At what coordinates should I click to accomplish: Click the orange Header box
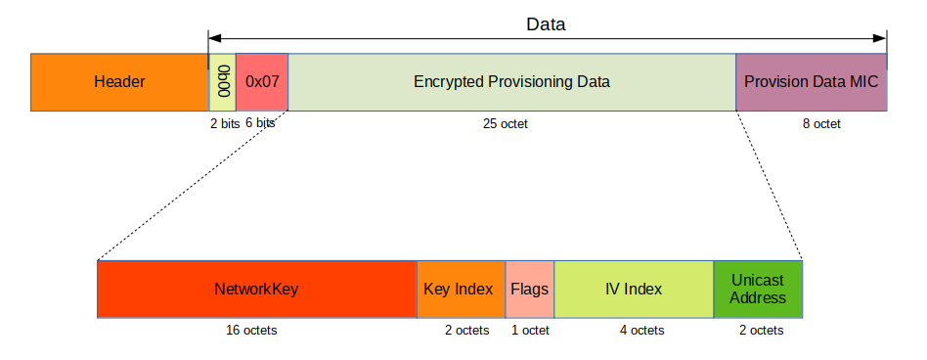[x=119, y=82]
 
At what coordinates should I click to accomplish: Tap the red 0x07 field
[x=262, y=82]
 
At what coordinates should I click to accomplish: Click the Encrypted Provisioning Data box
[x=511, y=82]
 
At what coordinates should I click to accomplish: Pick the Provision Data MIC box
[x=811, y=82]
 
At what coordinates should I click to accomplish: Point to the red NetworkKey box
[x=256, y=290]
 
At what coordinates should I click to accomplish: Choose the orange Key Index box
[x=461, y=290]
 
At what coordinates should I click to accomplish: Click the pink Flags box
[x=529, y=290]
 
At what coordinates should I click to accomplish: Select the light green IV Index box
[x=634, y=290]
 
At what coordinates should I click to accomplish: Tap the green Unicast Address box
[x=758, y=290]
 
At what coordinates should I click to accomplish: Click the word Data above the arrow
[x=546, y=23]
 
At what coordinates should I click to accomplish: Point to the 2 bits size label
[x=224, y=124]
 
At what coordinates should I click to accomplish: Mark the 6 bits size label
[x=260, y=124]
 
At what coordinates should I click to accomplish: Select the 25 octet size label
[x=505, y=124]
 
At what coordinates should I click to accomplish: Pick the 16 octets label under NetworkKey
[x=251, y=331]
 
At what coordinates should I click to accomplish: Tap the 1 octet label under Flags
[x=530, y=331]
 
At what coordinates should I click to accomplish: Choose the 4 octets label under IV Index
[x=641, y=331]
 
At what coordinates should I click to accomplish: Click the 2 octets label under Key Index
[x=467, y=331]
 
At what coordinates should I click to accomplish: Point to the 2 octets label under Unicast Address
[x=761, y=331]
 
